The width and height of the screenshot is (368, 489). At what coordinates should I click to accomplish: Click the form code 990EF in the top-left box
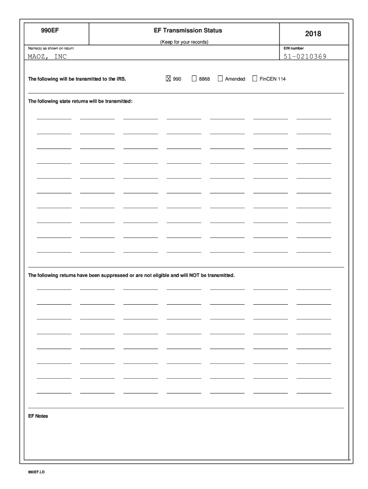[49, 31]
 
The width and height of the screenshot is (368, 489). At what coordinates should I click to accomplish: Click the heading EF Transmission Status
[184, 31]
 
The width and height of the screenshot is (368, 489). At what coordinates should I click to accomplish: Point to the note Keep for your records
[184, 42]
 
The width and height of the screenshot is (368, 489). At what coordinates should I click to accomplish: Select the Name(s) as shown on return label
[51, 48]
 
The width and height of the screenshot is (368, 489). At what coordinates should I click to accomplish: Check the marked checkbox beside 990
[168, 79]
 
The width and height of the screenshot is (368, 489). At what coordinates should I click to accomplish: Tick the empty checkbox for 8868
[194, 79]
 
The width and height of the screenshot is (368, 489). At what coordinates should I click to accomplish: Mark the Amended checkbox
[220, 79]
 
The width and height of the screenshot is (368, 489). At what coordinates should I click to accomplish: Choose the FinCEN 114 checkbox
[255, 79]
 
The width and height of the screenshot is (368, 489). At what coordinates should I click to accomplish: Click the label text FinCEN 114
[272, 79]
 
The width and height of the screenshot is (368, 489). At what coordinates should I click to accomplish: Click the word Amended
[235, 79]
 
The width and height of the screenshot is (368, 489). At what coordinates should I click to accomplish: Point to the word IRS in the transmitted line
[121, 79]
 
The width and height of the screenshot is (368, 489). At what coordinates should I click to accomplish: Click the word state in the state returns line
[66, 102]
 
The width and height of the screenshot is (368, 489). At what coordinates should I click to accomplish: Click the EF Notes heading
[38, 416]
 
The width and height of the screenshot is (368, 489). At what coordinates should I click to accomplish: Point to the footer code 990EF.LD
[36, 472]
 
